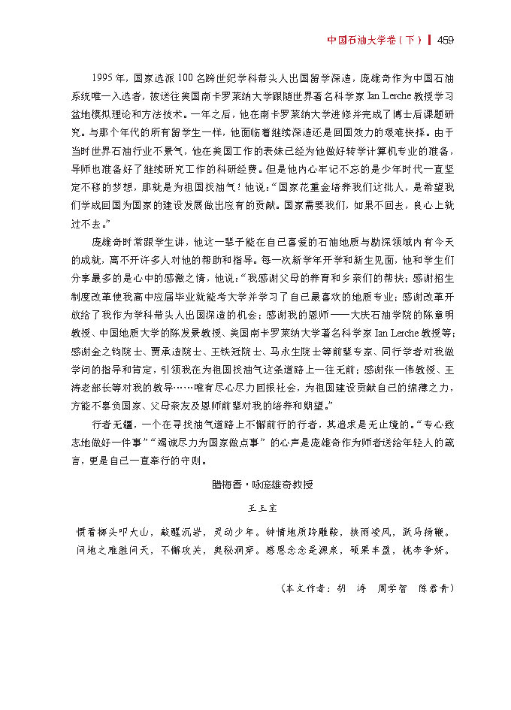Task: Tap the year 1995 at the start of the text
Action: pyautogui.click(x=104, y=77)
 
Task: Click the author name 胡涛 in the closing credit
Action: pyautogui.click(x=351, y=588)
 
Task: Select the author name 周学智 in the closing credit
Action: pyautogui.click(x=392, y=588)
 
